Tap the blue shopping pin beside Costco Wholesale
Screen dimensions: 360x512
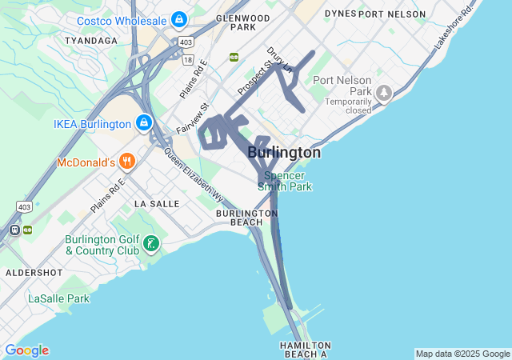pos(178,18)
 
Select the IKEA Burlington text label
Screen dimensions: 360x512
pos(91,124)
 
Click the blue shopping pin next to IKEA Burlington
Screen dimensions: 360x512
pos(144,123)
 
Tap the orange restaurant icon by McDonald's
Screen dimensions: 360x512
pos(126,162)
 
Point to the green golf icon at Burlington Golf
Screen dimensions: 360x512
pos(151,244)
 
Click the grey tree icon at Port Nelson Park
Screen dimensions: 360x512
pos(384,93)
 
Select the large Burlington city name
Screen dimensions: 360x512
pos(284,152)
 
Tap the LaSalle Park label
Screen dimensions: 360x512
pos(59,298)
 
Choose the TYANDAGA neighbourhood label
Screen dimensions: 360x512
pos(90,40)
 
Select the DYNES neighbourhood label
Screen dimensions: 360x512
pos(339,14)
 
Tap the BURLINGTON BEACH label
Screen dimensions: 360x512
pos(246,218)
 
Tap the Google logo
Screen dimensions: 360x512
pos(26,350)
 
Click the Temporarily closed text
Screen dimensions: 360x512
pos(348,106)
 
